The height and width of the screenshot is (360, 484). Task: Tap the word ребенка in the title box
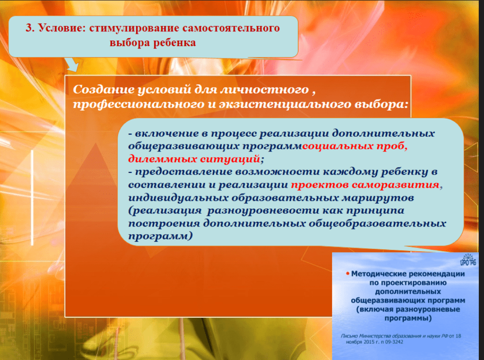tap(174, 42)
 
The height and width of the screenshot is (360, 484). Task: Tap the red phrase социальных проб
tap(354, 146)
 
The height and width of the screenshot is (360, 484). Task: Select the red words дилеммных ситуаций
tap(194, 159)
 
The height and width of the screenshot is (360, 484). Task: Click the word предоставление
tap(184, 172)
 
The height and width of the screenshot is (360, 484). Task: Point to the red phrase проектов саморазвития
tap(365, 185)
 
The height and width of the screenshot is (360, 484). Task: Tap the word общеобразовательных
tap(378, 223)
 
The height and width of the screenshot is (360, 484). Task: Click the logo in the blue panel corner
tap(468, 260)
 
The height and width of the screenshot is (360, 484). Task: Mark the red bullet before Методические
tap(347, 274)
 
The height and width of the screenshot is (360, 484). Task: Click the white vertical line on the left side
tap(32, 198)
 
